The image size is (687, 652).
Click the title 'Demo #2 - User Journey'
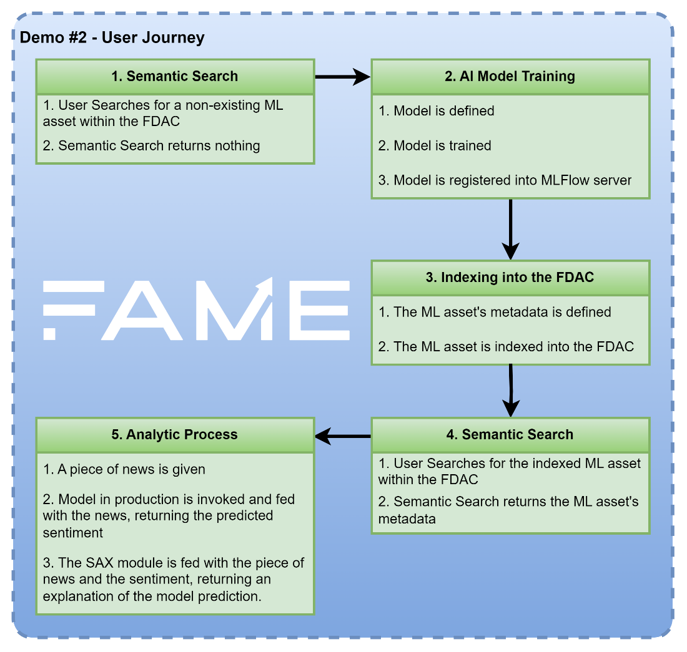(112, 37)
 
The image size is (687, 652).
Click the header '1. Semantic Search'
(174, 76)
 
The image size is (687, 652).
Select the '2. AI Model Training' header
(510, 76)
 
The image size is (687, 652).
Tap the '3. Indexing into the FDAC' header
(510, 277)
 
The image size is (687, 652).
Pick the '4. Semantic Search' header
(510, 434)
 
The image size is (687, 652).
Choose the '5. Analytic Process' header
(174, 434)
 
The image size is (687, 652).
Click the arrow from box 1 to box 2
(343, 77)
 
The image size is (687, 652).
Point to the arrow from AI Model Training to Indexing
(510, 230)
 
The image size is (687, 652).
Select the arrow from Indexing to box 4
(510, 391)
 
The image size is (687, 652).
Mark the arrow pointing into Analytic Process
(343, 436)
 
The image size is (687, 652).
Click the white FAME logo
(196, 309)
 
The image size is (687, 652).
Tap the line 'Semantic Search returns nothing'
(152, 146)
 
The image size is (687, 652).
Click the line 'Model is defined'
(437, 110)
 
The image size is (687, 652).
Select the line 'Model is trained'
(435, 145)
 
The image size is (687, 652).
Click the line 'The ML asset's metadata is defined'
(495, 312)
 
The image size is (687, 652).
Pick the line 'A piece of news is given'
(124, 470)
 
